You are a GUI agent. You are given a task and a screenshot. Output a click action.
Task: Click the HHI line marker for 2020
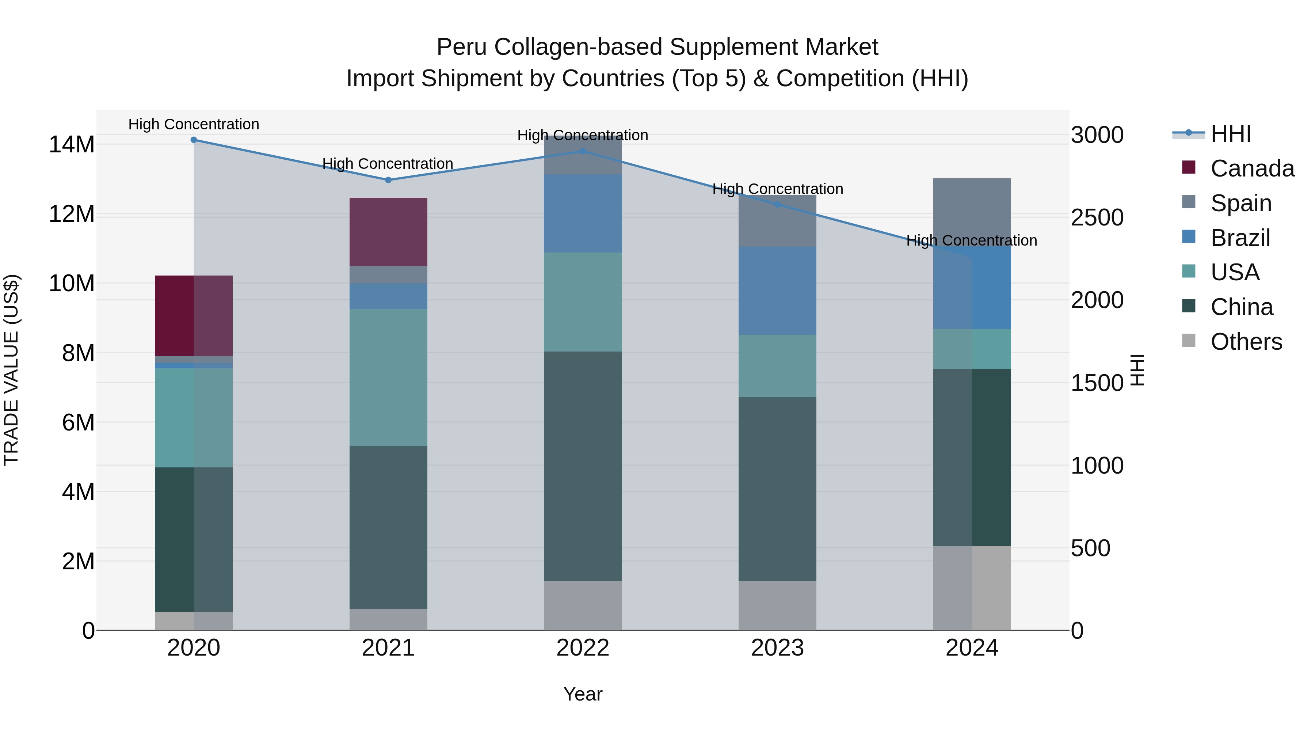pos(194,140)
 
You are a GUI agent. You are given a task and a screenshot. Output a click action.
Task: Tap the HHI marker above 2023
pos(777,204)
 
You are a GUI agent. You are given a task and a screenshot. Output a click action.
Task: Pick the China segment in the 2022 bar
pos(583,466)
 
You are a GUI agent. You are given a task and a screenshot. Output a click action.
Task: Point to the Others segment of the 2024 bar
pos(972,588)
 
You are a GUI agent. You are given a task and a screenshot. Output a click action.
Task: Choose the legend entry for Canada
pos(1252,168)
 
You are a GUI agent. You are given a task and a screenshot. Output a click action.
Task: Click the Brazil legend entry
pos(1240,238)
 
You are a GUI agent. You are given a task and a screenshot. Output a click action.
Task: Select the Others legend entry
pos(1246,342)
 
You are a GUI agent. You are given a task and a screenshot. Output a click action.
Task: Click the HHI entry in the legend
pos(1230,134)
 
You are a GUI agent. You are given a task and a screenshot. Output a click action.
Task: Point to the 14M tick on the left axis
pos(72,144)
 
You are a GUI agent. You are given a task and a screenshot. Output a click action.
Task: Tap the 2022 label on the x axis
pos(583,648)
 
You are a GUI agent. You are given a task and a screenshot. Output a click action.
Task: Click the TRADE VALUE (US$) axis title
pos(11,370)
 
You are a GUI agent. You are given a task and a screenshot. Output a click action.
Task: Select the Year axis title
pos(583,694)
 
